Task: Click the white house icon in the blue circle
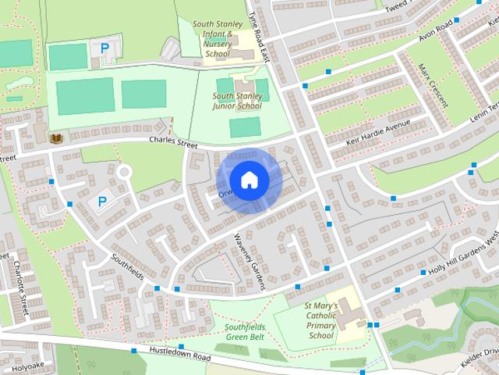(248, 180)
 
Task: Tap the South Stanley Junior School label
(237, 101)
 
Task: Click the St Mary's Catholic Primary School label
(320, 320)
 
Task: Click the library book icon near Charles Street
(55, 138)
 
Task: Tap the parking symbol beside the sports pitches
(104, 48)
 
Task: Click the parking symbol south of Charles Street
(101, 202)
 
